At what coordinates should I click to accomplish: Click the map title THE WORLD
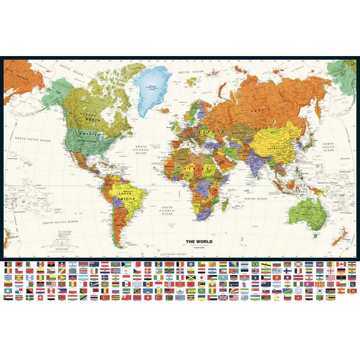coord(198,241)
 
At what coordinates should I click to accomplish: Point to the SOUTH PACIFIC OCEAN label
coord(60,222)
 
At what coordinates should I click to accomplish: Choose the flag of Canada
coord(341,264)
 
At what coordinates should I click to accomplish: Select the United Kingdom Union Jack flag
coord(223,297)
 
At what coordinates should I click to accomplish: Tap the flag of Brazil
coord(255,264)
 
